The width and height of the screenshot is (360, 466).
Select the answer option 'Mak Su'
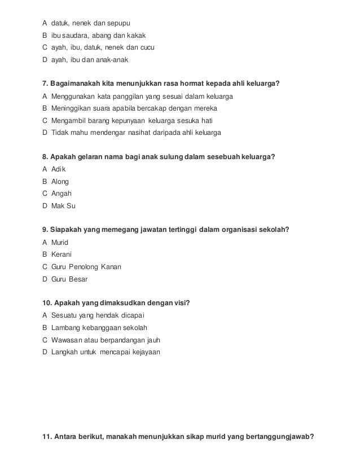coord(63,206)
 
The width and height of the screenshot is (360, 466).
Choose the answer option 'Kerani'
coord(62,254)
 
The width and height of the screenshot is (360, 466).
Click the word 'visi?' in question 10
coord(181,303)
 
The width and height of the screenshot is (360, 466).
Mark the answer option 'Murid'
coord(60,242)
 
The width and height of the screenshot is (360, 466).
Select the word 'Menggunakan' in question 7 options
coord(73,96)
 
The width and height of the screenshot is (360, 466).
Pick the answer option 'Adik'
coord(59,169)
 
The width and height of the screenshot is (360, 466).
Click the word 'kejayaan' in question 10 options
coord(144,352)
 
